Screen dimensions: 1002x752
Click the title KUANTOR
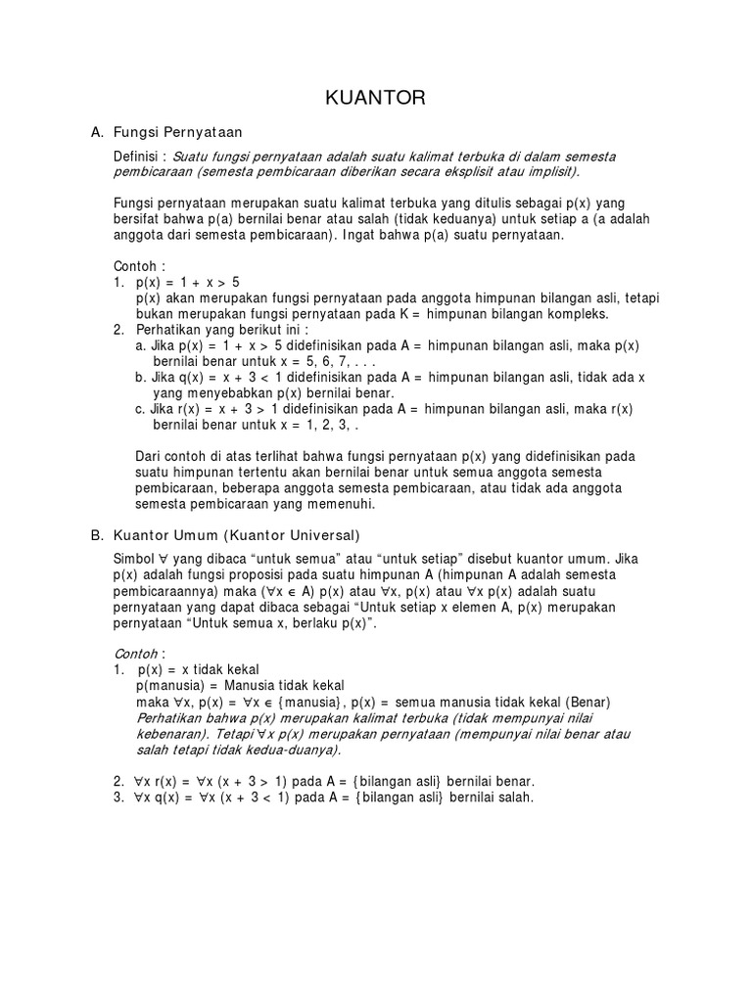pos(375,98)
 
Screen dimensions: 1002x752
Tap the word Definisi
pos(138,157)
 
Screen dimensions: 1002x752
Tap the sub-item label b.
pos(141,377)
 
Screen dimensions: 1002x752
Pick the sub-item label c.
pos(141,408)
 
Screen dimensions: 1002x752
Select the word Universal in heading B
pos(324,535)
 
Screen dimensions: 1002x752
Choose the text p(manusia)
pos(170,685)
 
